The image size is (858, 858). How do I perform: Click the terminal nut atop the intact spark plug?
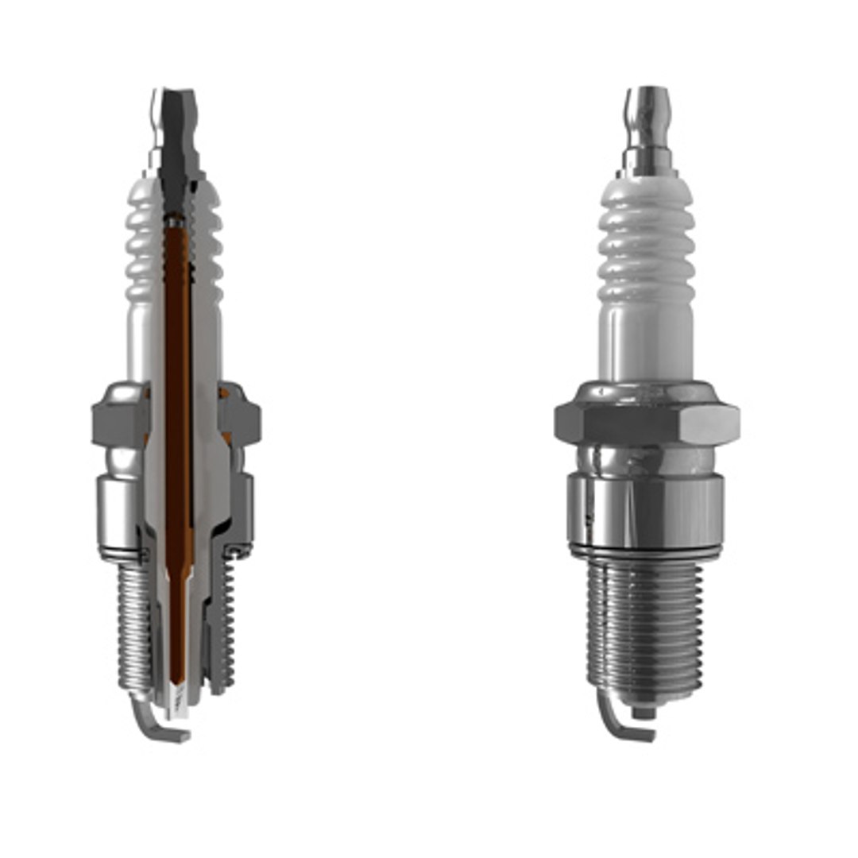647,111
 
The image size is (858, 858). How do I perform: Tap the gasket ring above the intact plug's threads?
645,551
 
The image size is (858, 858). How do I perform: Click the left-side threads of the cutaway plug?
133,628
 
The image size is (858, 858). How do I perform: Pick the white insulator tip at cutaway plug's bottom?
179,699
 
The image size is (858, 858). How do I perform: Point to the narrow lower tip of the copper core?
177,636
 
